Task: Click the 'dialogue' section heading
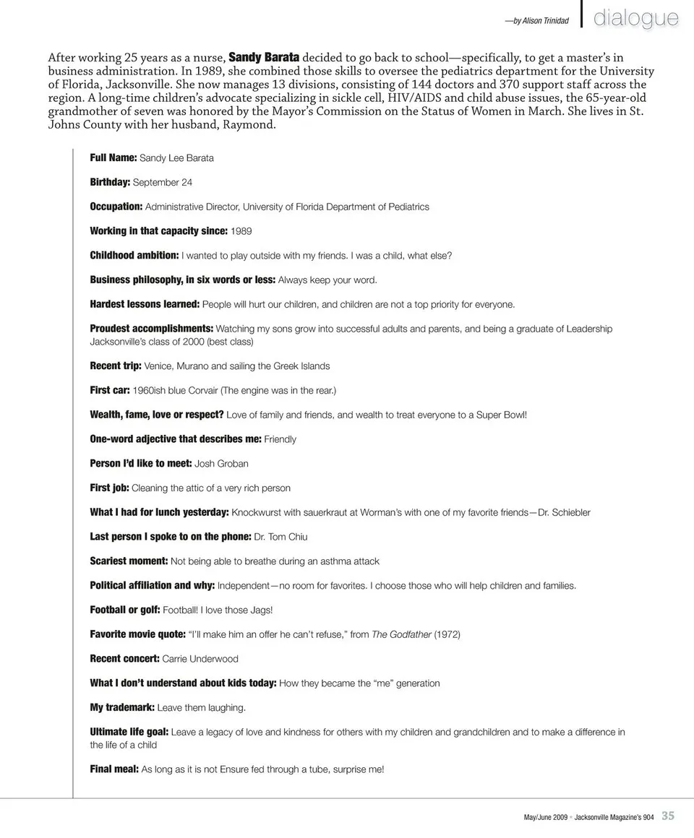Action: (636, 19)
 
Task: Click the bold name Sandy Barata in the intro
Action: (264, 57)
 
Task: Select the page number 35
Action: (668, 816)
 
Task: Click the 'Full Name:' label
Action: (113, 157)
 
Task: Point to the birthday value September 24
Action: (163, 182)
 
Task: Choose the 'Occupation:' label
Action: (116, 207)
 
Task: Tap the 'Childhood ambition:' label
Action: (134, 256)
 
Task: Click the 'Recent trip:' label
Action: (116, 366)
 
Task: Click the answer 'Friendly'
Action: (280, 439)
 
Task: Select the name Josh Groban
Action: (221, 464)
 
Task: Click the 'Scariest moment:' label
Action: (129, 561)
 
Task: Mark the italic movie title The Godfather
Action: (401, 634)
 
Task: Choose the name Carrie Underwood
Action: (200, 659)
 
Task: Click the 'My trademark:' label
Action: (122, 708)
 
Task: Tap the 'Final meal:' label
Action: (114, 769)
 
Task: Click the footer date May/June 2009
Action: (546, 817)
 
